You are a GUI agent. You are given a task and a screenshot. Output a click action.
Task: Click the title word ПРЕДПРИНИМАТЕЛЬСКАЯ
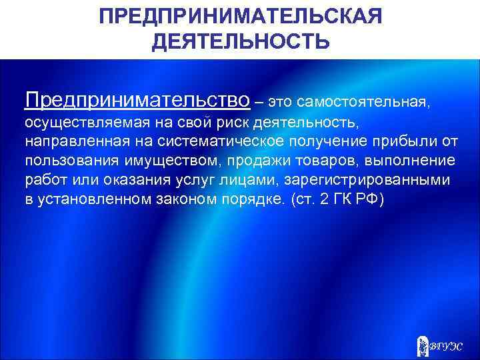click(x=240, y=16)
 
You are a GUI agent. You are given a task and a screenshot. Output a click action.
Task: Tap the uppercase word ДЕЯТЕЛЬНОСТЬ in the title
click(x=240, y=42)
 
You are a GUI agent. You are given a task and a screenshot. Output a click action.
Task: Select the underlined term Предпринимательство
click(x=137, y=100)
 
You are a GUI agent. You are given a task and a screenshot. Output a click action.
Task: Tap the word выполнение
click(x=399, y=161)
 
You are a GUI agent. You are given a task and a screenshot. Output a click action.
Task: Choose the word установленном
click(x=87, y=199)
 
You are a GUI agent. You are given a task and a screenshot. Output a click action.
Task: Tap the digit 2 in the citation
click(x=322, y=199)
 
